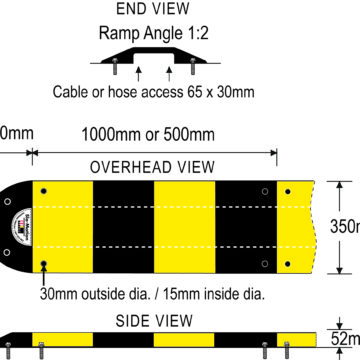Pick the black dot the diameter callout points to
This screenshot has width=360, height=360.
tap(44, 265)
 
